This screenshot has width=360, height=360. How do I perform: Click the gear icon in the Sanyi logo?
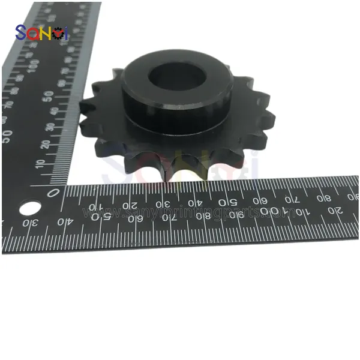tap(59, 34)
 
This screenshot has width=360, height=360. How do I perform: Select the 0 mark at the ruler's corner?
tap(55, 193)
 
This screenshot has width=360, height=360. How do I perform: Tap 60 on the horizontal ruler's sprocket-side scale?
tap(260, 200)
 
